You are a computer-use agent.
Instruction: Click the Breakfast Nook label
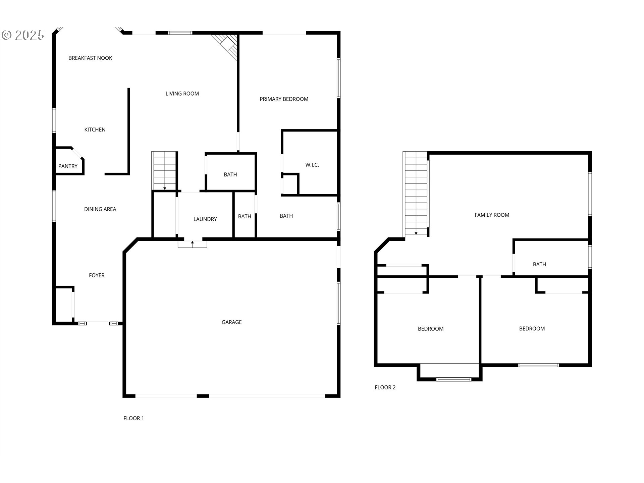(90, 58)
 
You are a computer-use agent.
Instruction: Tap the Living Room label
(182, 94)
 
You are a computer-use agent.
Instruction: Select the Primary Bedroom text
(284, 99)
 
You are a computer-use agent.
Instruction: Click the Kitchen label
(95, 129)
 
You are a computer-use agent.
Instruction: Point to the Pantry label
(68, 166)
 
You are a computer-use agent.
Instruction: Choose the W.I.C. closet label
(312, 165)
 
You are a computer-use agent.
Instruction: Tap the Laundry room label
(205, 219)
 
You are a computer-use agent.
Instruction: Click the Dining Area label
(100, 209)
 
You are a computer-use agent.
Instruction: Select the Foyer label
(97, 275)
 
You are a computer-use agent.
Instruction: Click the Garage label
(231, 322)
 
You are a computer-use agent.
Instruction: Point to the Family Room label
(492, 215)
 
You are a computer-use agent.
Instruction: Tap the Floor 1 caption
(133, 418)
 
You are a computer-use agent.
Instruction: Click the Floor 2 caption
(385, 387)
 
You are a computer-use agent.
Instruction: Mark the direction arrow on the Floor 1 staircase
(165, 188)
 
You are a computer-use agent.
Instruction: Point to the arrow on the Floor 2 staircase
(416, 233)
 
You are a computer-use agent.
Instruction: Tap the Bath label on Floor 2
(539, 264)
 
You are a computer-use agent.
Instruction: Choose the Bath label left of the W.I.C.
(230, 174)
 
